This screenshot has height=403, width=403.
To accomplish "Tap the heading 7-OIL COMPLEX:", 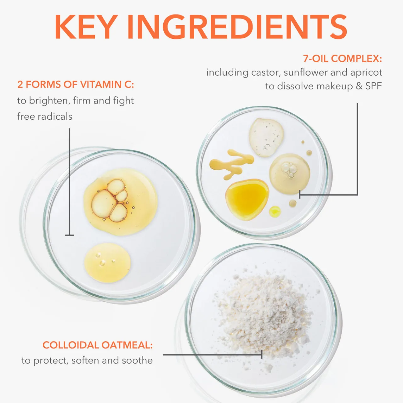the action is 342,59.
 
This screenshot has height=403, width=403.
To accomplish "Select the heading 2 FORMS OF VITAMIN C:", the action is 76,85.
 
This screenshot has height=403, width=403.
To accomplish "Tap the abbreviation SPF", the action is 373,86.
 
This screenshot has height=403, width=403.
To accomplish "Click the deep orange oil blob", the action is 247,200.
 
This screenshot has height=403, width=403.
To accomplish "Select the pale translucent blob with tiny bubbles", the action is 266,137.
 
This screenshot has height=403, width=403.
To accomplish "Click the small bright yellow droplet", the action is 275,211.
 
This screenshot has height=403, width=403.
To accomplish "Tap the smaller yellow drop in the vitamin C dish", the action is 107,263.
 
